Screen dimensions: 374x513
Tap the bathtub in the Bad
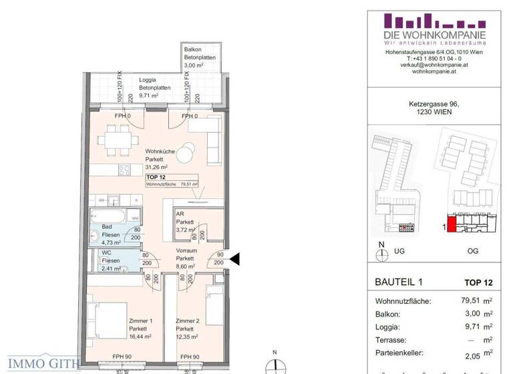click(x=109, y=217)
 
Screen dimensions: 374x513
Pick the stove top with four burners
click(x=125, y=170)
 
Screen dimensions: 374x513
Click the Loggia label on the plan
click(x=148, y=79)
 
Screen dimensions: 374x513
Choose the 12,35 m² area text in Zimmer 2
click(x=188, y=337)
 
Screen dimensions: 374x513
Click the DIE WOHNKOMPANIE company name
click(x=434, y=35)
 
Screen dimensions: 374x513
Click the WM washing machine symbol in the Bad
click(x=134, y=218)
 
